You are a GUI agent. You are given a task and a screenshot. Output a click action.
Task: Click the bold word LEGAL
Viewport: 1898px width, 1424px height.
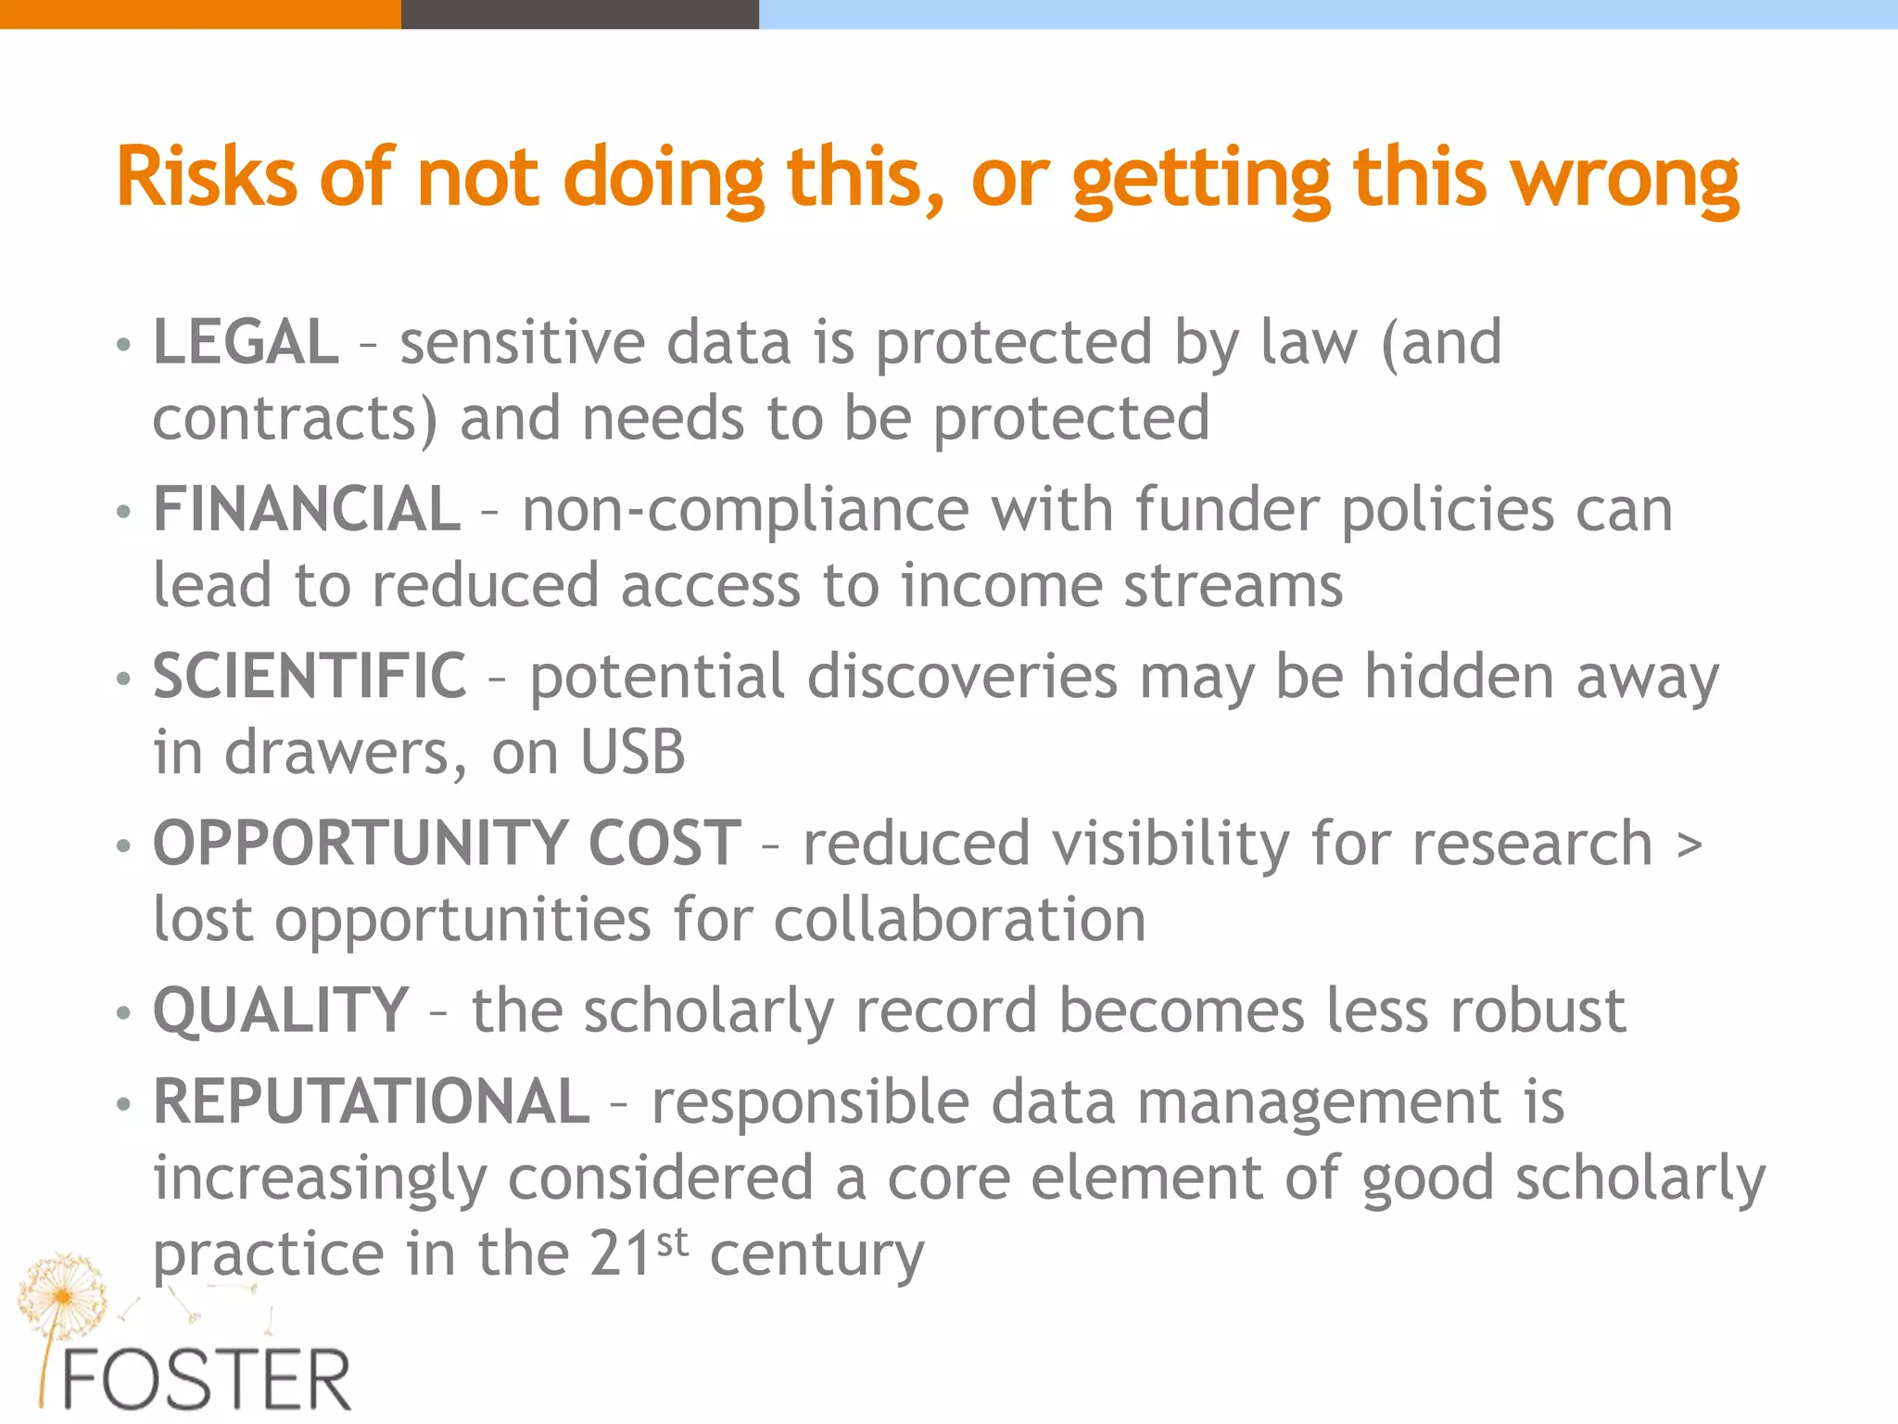tap(246, 342)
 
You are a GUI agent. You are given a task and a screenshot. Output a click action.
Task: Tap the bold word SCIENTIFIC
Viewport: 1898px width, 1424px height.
tap(310, 676)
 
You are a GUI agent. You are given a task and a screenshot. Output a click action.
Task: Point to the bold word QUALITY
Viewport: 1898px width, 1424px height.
tap(281, 1010)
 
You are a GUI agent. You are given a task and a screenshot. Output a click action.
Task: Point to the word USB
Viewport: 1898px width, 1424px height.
tap(633, 752)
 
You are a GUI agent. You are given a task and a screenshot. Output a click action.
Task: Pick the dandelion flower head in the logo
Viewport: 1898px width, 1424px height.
tap(62, 1294)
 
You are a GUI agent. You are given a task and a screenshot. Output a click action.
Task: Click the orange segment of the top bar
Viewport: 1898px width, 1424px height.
tap(200, 14)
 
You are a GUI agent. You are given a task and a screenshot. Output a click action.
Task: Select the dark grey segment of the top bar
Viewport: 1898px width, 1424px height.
tap(580, 14)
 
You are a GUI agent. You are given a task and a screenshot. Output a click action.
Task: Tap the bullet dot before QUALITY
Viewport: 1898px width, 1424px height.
tap(124, 1012)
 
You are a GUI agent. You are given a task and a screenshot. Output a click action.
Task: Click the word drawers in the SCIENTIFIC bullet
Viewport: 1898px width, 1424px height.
tap(337, 752)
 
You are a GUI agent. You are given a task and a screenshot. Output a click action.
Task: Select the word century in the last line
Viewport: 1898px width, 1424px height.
tap(816, 1253)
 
